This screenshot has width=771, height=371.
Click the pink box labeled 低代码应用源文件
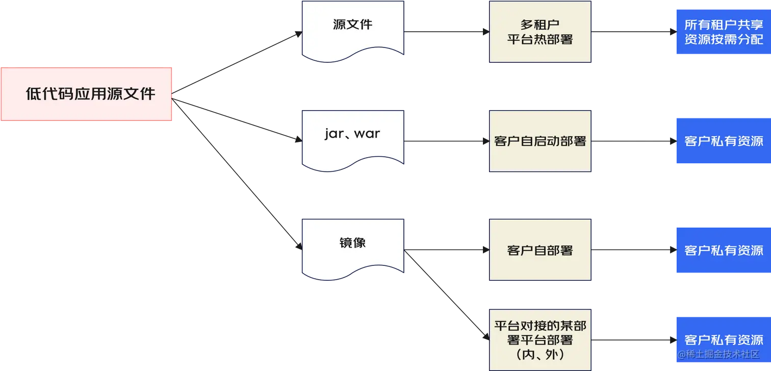pos(87,94)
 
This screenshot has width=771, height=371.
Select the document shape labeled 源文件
pos(352,28)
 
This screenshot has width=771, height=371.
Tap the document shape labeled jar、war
pos(352,138)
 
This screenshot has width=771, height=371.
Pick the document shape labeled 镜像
pos(352,248)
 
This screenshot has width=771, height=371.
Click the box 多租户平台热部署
pos(539,32)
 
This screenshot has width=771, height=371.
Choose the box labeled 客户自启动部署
pos(539,141)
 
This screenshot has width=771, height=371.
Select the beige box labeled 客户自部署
pos(539,250)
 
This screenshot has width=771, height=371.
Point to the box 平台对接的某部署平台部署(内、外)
pos(539,339)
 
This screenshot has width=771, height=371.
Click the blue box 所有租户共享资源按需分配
pos(723,32)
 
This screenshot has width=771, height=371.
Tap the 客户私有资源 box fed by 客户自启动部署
pos(723,141)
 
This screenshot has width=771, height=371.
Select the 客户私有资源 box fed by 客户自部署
pos(723,250)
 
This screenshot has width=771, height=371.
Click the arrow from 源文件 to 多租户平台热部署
pos(446,32)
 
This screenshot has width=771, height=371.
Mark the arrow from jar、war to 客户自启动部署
pos(446,141)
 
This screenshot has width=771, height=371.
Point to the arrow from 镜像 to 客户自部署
pos(446,250)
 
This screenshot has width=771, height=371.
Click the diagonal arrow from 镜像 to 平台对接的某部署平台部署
pos(446,296)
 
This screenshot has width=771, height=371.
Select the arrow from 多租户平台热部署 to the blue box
pos(632,32)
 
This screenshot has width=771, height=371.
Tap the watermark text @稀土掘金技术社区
pos(718,354)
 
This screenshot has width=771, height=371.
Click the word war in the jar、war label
pos(367,134)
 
